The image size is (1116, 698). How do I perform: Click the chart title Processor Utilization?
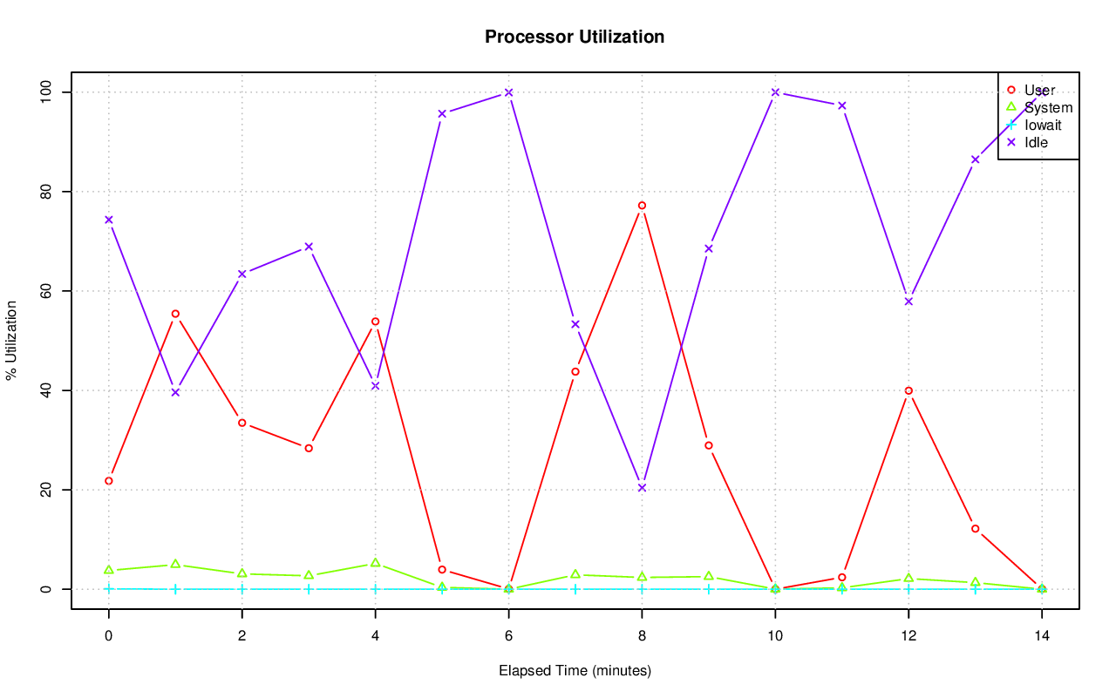(x=575, y=37)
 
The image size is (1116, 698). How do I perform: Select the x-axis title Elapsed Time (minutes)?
(x=575, y=671)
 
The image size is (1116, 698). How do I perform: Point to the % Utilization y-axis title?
(x=11, y=340)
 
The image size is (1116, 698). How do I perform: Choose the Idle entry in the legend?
(x=1036, y=142)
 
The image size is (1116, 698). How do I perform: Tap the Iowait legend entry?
(x=1042, y=125)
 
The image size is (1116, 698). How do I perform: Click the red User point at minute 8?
(x=642, y=206)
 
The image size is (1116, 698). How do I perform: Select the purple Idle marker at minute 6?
(x=508, y=92)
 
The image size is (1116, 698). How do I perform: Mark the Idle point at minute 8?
(x=642, y=488)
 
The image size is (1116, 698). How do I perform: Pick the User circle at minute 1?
(x=175, y=314)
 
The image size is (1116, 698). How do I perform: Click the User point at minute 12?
(x=908, y=390)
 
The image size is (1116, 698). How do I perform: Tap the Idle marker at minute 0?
(x=108, y=220)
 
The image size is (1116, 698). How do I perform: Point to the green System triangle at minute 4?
(x=375, y=563)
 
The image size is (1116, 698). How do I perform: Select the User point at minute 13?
(x=975, y=529)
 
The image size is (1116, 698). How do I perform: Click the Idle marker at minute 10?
(x=775, y=92)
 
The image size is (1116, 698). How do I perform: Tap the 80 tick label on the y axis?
(x=45, y=192)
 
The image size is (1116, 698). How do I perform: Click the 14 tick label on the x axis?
(x=1041, y=636)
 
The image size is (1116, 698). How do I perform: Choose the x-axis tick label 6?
(x=508, y=636)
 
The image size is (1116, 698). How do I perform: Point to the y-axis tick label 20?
(x=45, y=490)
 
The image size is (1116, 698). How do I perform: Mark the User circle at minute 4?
(x=375, y=322)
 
